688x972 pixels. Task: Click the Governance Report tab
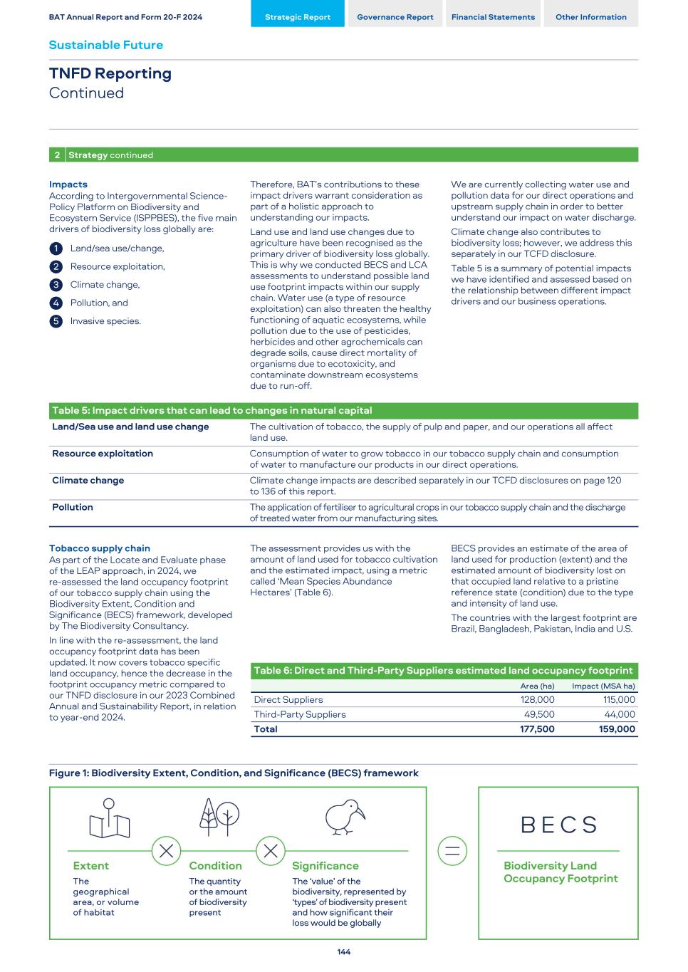click(x=395, y=17)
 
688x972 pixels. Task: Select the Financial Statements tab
click(x=493, y=17)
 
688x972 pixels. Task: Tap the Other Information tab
click(x=590, y=17)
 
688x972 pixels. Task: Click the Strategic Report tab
click(x=298, y=17)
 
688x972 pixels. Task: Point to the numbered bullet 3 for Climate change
click(x=56, y=285)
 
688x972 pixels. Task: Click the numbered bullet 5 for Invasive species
click(x=56, y=321)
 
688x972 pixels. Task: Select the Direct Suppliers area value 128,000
click(x=537, y=700)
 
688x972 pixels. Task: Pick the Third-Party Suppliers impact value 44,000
click(x=620, y=714)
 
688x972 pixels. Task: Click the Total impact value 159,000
click(x=617, y=729)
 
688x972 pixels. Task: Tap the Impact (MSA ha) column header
click(x=603, y=686)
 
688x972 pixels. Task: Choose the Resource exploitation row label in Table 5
click(x=103, y=454)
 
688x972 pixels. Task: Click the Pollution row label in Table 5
click(x=73, y=507)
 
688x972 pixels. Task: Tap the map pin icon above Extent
click(x=109, y=819)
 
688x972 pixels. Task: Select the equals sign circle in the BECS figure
click(x=452, y=851)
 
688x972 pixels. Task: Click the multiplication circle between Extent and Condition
click(x=166, y=851)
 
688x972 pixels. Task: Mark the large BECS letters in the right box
click(x=559, y=825)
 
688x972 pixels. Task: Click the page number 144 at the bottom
click(x=344, y=952)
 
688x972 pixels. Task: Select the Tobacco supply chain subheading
click(x=100, y=548)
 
